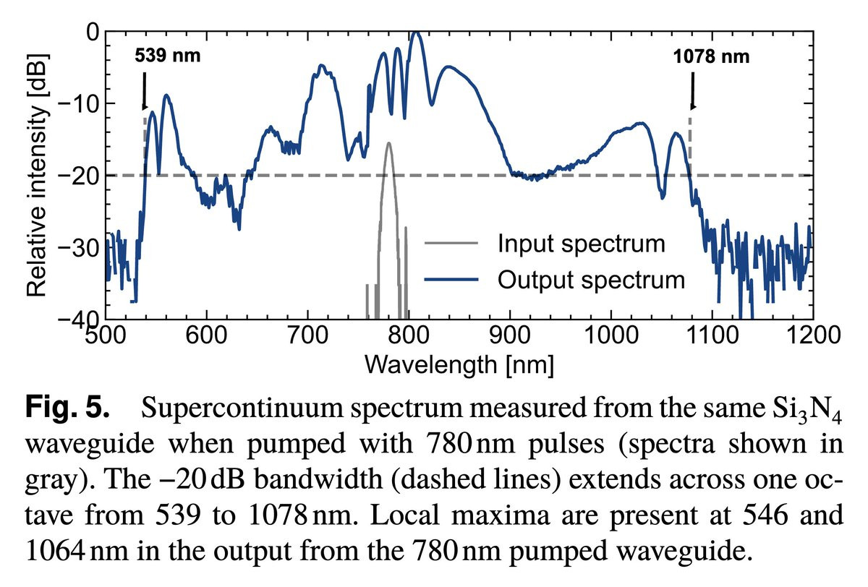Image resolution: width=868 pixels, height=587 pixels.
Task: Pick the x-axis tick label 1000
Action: [x=611, y=335]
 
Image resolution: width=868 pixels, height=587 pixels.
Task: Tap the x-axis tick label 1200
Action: [x=812, y=335]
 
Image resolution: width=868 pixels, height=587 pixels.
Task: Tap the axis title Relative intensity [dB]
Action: [x=38, y=175]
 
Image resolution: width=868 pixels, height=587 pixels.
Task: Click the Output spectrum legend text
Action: [x=590, y=279]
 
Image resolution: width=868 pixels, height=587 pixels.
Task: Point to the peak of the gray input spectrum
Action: [x=389, y=144]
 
